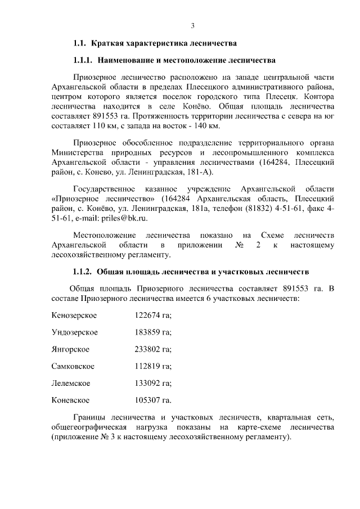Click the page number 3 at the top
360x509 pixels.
pyautogui.click(x=192, y=25)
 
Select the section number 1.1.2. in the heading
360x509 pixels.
pyautogui.click(x=83, y=271)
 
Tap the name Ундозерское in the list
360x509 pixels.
pyautogui.click(x=74, y=332)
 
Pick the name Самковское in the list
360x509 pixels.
pyautogui.click(x=73, y=366)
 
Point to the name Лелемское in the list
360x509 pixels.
pyautogui.click(x=70, y=384)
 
